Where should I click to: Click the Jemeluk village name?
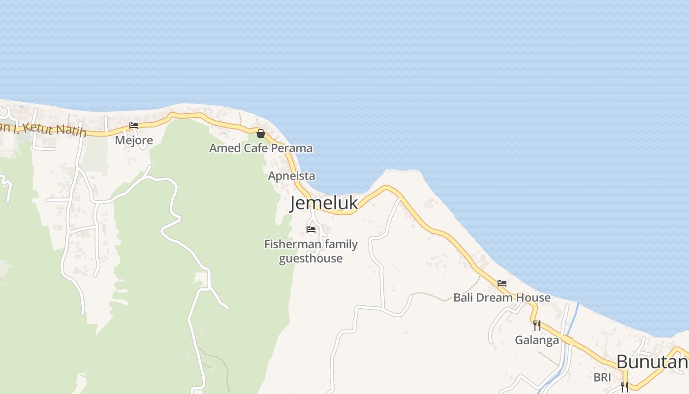point(324,203)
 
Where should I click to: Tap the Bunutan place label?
point(652,362)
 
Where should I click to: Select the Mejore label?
point(134,140)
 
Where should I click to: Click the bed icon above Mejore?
point(134,126)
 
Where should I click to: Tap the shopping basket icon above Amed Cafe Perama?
point(261,133)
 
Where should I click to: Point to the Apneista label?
point(291,176)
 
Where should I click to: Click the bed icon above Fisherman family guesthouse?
point(311,229)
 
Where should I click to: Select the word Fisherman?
point(292,244)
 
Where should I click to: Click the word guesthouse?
point(311,258)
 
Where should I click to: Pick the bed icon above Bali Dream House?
point(502,283)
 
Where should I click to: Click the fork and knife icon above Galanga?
point(537,325)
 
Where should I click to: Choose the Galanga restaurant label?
point(537,340)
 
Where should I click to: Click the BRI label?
point(602,377)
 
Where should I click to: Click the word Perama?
point(293,148)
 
